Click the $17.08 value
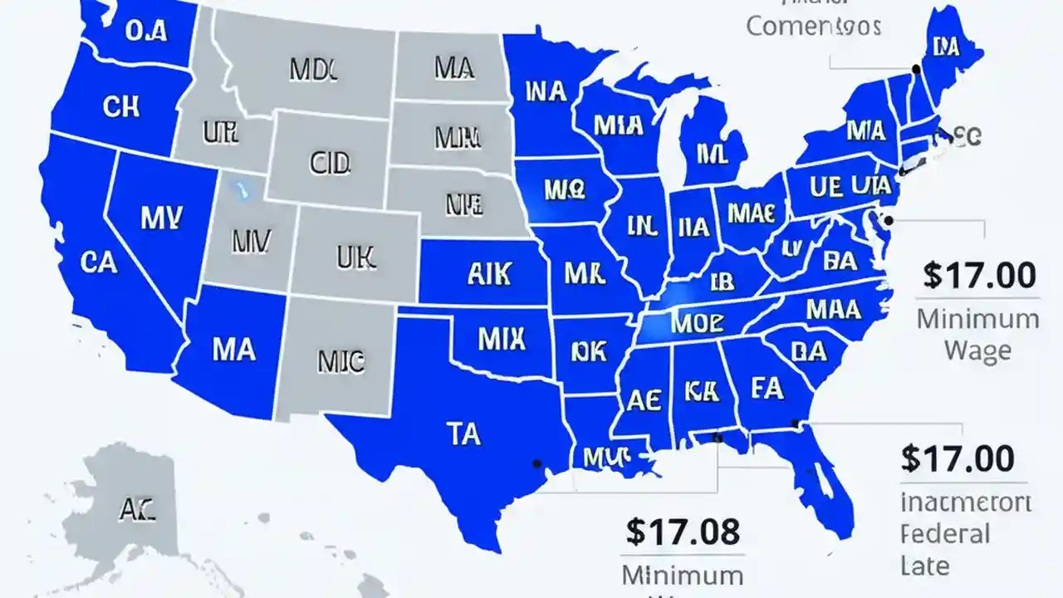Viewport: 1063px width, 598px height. tap(683, 532)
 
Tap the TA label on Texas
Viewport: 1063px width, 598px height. tap(463, 433)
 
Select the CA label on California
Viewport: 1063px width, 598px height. tap(100, 262)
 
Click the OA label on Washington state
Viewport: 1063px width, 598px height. tap(145, 31)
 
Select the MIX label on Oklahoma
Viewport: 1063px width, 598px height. tap(502, 338)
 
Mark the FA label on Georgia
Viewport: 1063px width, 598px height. tap(768, 388)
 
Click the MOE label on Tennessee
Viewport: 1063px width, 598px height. tap(698, 322)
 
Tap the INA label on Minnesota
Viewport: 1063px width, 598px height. tap(537, 91)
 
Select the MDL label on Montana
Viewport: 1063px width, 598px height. tap(313, 71)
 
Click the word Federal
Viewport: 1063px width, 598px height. tap(944, 533)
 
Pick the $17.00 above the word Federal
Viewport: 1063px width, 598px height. tap(957, 458)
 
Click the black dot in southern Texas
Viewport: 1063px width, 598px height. tap(537, 463)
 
